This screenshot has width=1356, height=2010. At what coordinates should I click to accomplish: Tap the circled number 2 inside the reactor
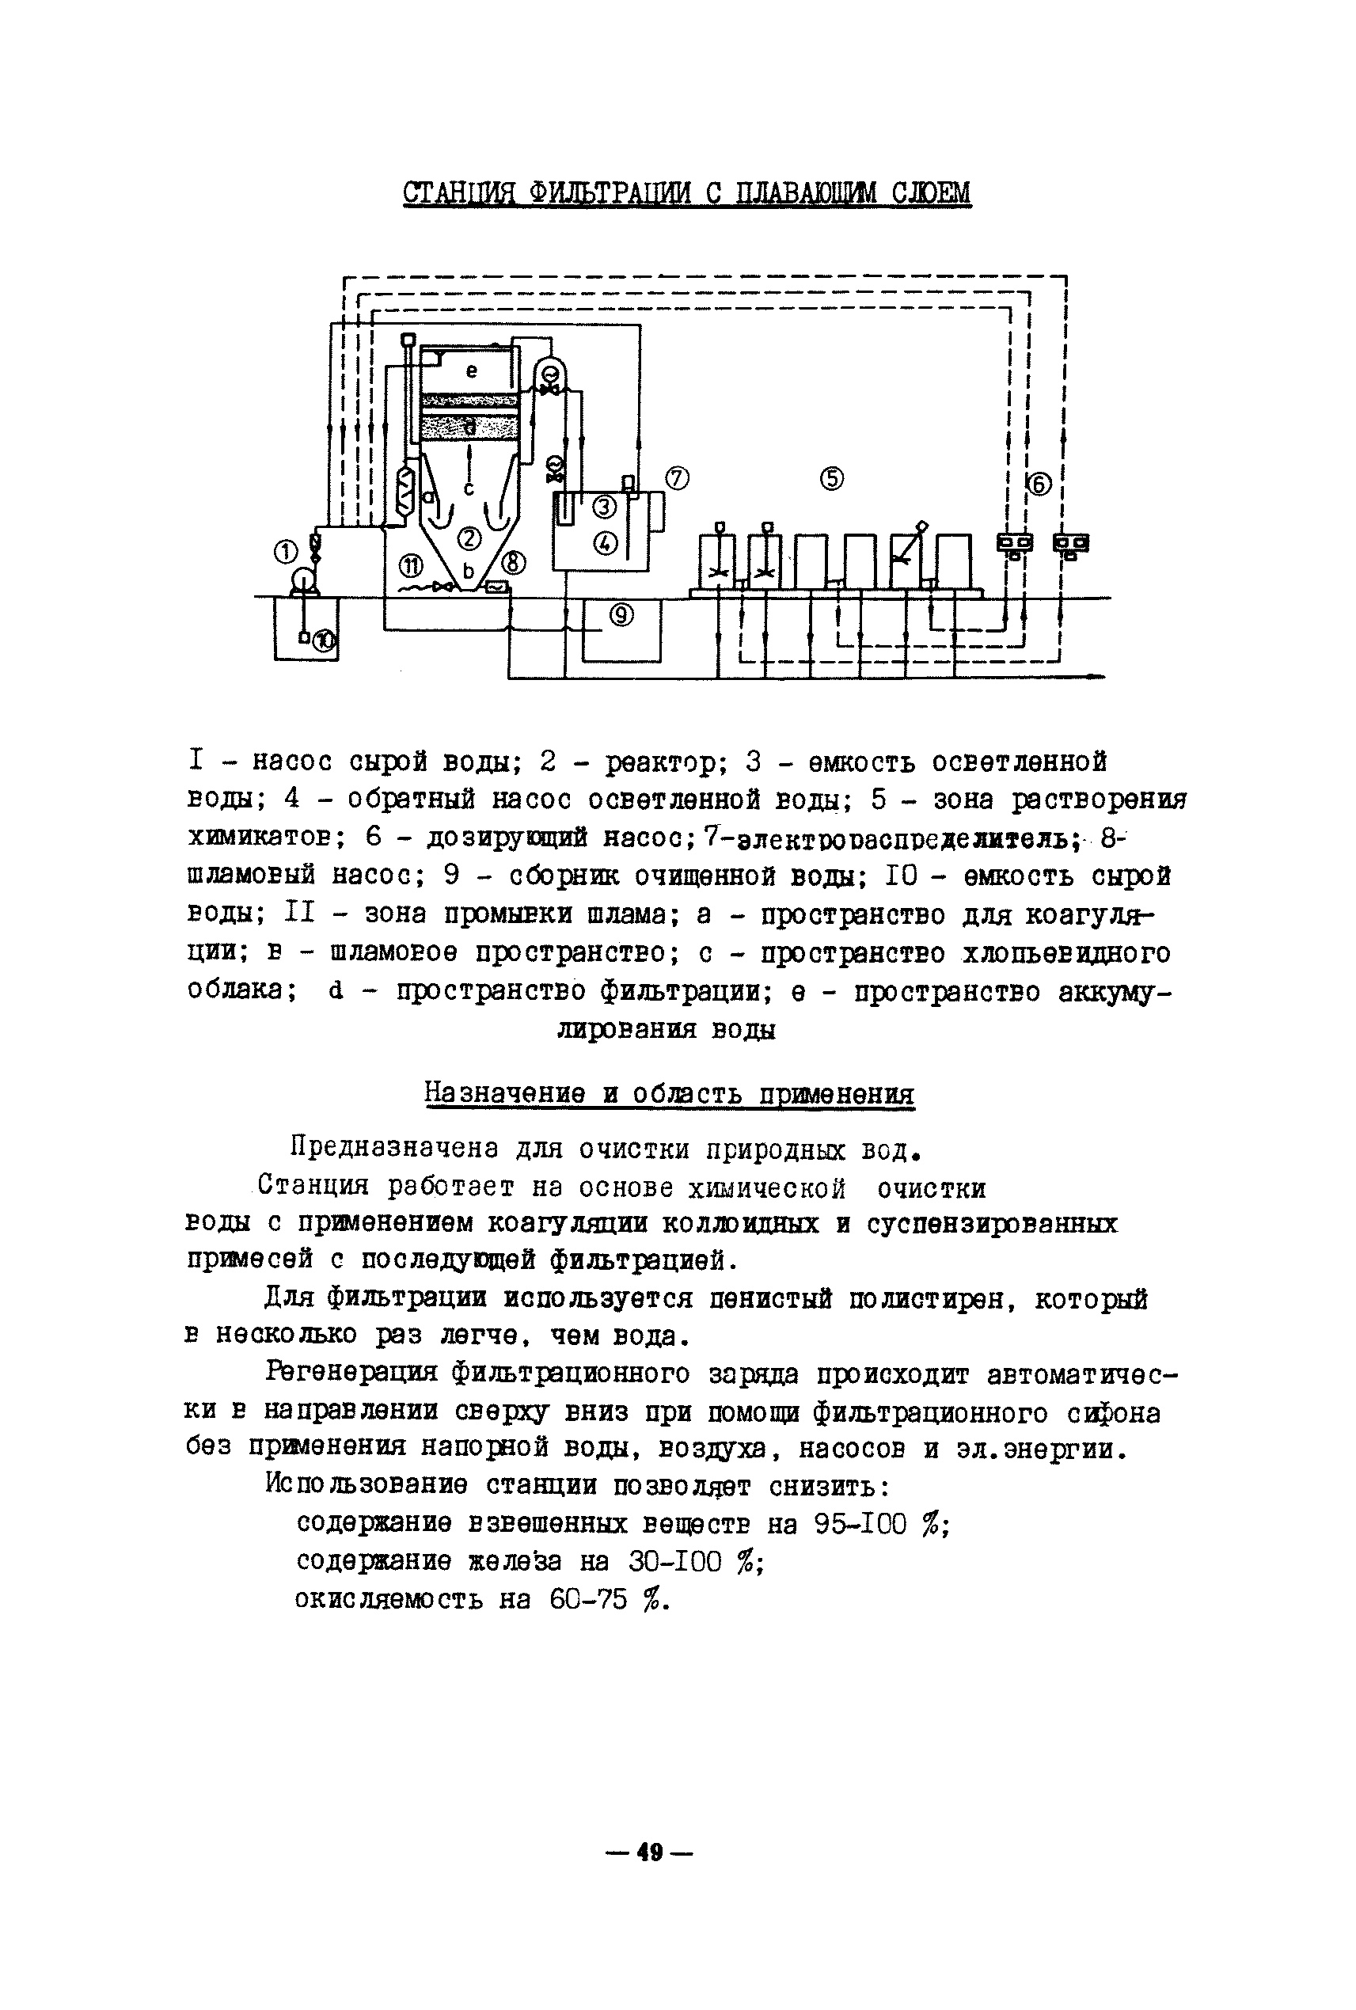tap(469, 540)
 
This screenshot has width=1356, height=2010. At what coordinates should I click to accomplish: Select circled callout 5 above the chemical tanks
tap(832, 478)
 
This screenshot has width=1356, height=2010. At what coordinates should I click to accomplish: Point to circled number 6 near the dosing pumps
tap(1039, 485)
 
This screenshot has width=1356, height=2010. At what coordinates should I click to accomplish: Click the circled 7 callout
tap(677, 477)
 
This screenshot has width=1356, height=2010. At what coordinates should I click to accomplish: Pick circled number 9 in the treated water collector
tap(621, 616)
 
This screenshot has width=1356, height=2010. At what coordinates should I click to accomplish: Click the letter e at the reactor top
tap(471, 371)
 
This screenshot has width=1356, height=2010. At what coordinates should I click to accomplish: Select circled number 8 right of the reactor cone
tap(514, 563)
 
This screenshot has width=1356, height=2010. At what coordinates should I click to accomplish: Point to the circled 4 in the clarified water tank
tap(605, 542)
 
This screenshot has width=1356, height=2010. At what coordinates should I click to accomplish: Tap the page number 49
tap(649, 1852)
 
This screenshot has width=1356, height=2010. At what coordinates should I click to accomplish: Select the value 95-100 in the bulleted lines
tap(860, 1523)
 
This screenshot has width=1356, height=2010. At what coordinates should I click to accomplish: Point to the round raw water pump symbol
tap(302, 579)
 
